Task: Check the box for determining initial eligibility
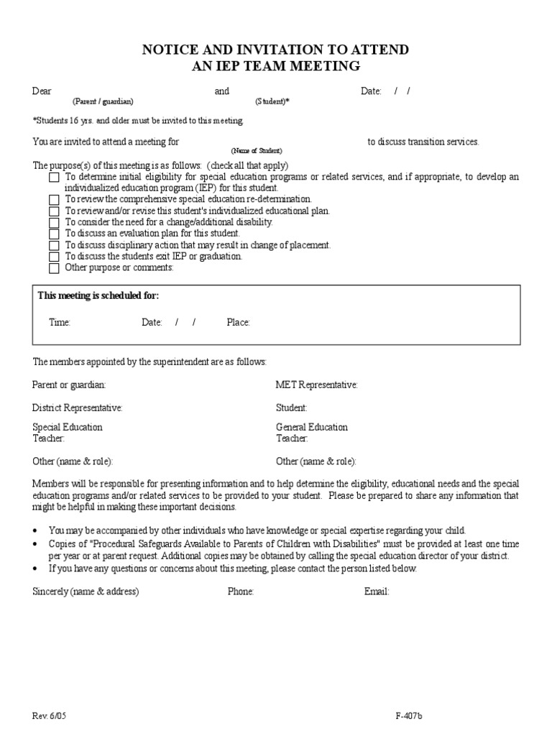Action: click(x=54, y=178)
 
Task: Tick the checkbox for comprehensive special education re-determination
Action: click(x=54, y=200)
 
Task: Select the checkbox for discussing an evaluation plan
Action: click(x=54, y=234)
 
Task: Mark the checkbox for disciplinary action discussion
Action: click(x=54, y=246)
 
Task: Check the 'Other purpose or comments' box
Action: click(x=54, y=269)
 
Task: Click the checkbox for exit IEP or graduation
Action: click(x=54, y=257)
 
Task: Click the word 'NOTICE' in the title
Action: click(x=172, y=50)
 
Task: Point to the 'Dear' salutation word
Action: click(x=42, y=91)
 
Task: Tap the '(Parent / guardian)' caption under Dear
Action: click(x=103, y=102)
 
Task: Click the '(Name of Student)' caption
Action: click(x=257, y=151)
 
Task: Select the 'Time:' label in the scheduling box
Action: click(x=60, y=323)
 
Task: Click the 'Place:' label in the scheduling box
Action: click(x=238, y=323)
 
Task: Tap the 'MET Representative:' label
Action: click(x=317, y=385)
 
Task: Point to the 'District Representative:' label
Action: click(x=78, y=408)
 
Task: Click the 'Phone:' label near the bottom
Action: click(x=241, y=592)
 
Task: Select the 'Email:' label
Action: click(x=377, y=592)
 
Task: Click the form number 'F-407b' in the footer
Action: click(x=409, y=717)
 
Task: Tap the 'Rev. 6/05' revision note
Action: click(x=50, y=717)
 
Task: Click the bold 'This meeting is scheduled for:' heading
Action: click(x=98, y=296)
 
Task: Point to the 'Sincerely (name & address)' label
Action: click(x=86, y=592)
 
